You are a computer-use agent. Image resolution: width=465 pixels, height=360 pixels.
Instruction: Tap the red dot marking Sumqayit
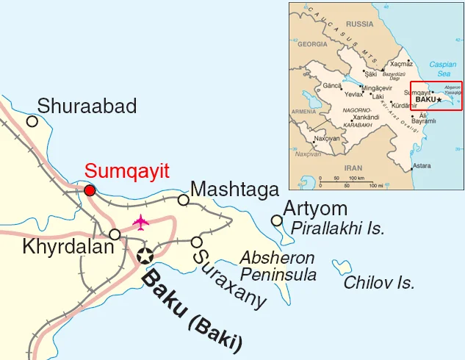[90, 191]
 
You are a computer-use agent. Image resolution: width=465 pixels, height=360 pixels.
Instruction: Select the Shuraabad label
[87, 107]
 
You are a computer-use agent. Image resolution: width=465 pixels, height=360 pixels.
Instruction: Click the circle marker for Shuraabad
[32, 121]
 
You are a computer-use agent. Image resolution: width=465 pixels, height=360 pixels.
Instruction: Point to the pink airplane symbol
[140, 221]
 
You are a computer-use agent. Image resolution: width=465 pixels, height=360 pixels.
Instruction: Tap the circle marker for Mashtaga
[184, 200]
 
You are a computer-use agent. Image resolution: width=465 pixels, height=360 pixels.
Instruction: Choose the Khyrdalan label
[68, 247]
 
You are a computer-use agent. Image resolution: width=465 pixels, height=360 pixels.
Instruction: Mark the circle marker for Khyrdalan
[115, 234]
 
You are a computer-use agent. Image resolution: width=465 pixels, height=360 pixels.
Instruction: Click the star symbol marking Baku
[145, 256]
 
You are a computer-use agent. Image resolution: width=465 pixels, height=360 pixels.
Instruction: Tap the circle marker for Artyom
[276, 220]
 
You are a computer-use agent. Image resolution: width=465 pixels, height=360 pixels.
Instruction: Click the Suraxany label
[228, 278]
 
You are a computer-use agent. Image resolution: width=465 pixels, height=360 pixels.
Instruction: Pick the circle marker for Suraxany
[196, 242]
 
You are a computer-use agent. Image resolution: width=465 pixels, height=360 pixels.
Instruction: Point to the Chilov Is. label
[379, 282]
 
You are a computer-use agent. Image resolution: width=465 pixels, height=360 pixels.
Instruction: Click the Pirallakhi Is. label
[338, 228]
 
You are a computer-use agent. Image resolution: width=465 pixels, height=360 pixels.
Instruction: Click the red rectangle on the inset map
[436, 96]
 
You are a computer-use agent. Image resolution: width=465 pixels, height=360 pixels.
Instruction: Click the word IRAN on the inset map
[354, 167]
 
